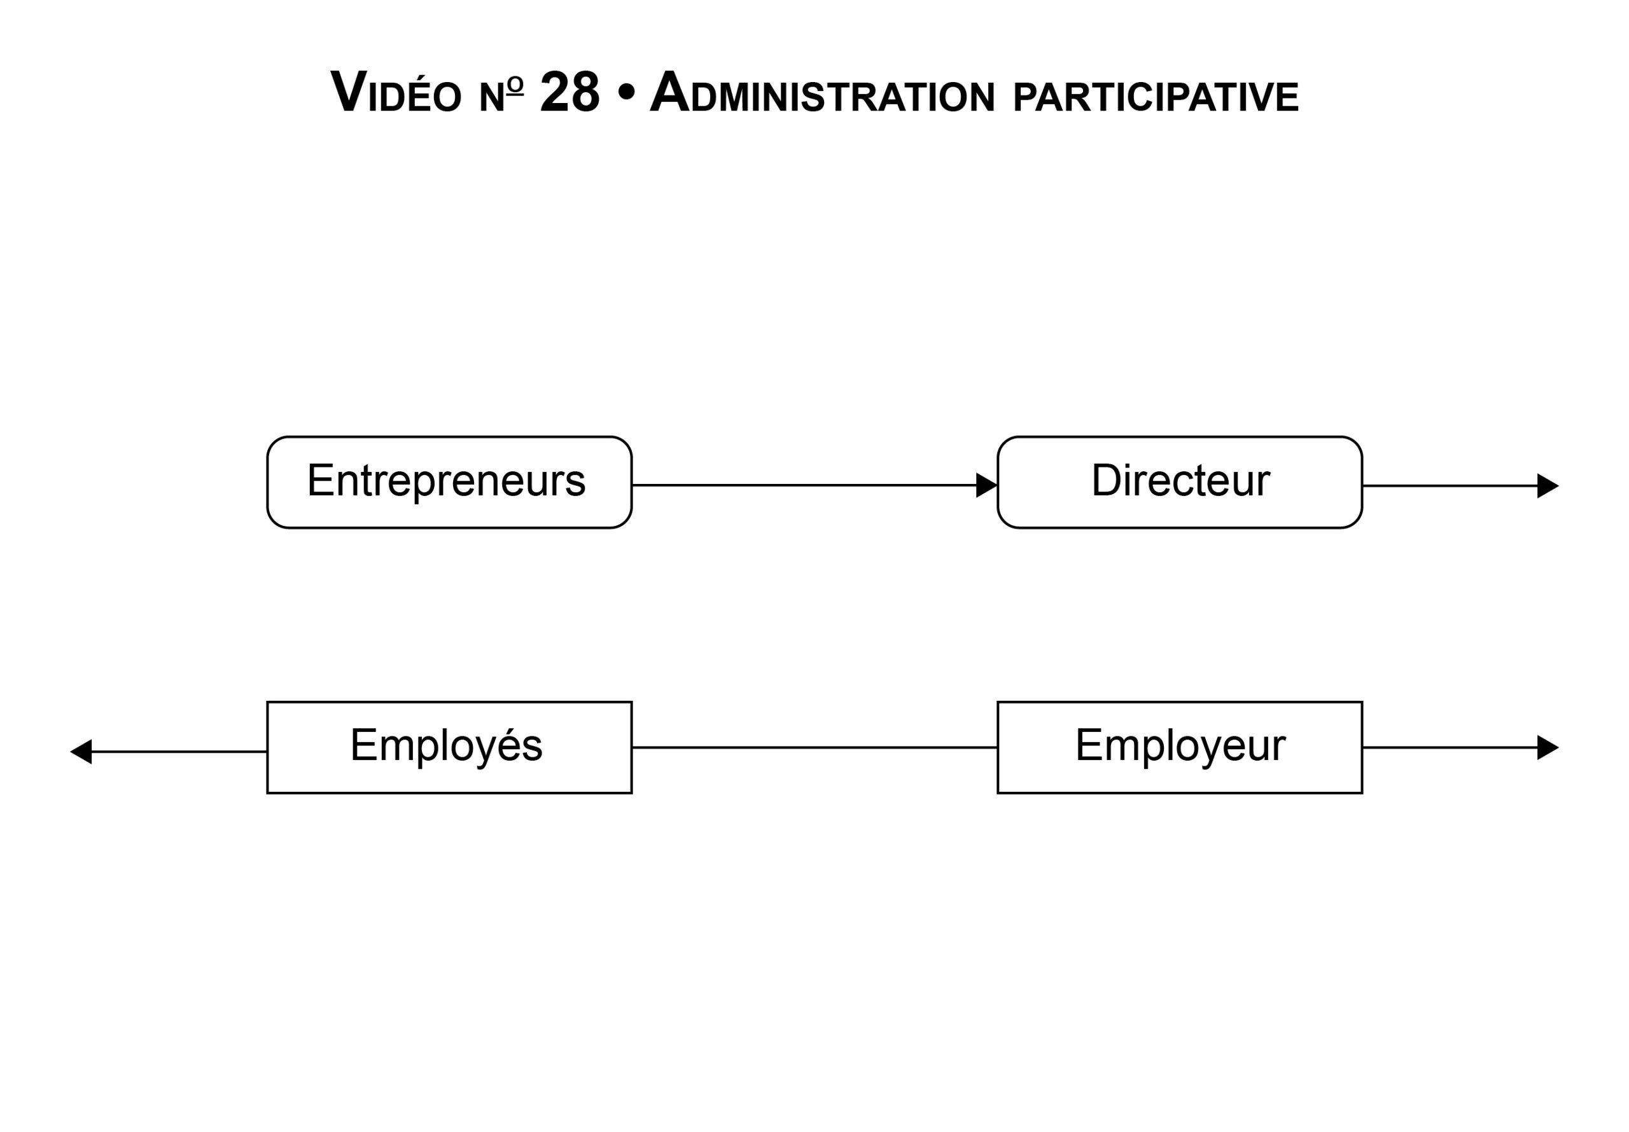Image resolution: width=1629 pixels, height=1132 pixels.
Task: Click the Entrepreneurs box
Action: pos(449,482)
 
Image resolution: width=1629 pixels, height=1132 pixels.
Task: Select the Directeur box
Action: pos(1180,482)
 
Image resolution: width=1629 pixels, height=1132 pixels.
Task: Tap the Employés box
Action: pos(449,748)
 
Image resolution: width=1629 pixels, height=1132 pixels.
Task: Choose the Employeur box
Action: pos(1180,748)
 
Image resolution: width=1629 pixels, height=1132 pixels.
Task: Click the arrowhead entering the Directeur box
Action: pos(987,485)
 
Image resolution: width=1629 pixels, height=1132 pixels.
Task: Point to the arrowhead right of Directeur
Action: pos(1548,486)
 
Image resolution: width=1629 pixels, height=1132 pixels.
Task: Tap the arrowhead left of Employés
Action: pos(81,752)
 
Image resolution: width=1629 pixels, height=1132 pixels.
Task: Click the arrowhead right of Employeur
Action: pos(1548,748)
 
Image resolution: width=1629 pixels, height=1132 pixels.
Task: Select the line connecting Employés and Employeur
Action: pos(814,748)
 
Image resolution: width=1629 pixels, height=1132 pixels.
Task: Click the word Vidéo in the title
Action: pos(396,92)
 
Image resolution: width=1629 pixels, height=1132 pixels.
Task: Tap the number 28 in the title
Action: pos(570,92)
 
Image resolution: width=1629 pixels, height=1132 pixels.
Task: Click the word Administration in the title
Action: pos(822,92)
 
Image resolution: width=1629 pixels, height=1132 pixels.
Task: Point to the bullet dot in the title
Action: pos(626,93)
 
